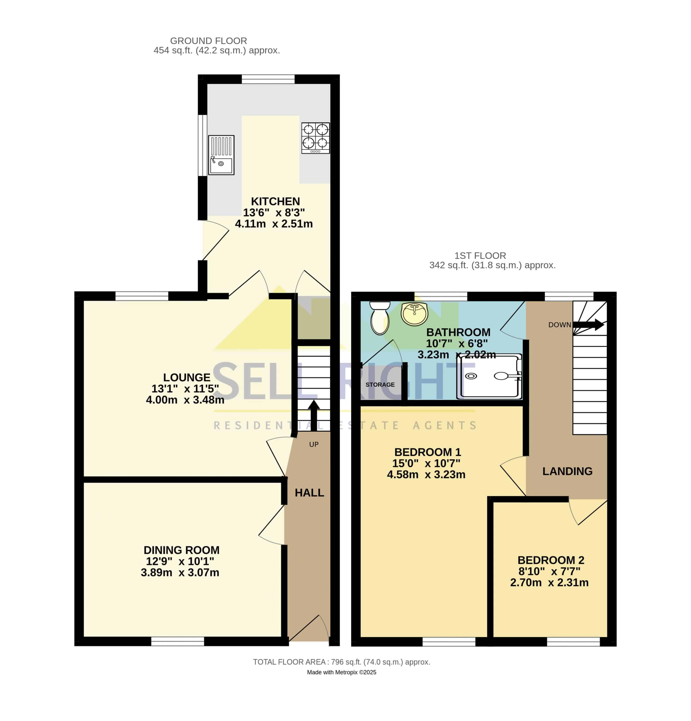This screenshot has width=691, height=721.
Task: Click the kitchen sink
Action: point(221,155)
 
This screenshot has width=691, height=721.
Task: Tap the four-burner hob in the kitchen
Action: point(315,138)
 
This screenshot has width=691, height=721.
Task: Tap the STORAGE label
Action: point(380,385)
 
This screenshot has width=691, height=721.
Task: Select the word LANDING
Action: point(567,471)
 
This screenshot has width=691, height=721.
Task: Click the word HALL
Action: point(309,493)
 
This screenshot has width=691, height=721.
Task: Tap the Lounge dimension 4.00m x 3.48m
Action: point(185,400)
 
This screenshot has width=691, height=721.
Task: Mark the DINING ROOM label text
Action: point(182,550)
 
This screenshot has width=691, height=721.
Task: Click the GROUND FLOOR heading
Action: point(208,41)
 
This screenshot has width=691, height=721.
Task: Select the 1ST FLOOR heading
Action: point(480,256)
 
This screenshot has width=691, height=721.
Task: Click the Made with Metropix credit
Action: point(341,672)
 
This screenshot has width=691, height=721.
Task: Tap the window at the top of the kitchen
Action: point(268,79)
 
